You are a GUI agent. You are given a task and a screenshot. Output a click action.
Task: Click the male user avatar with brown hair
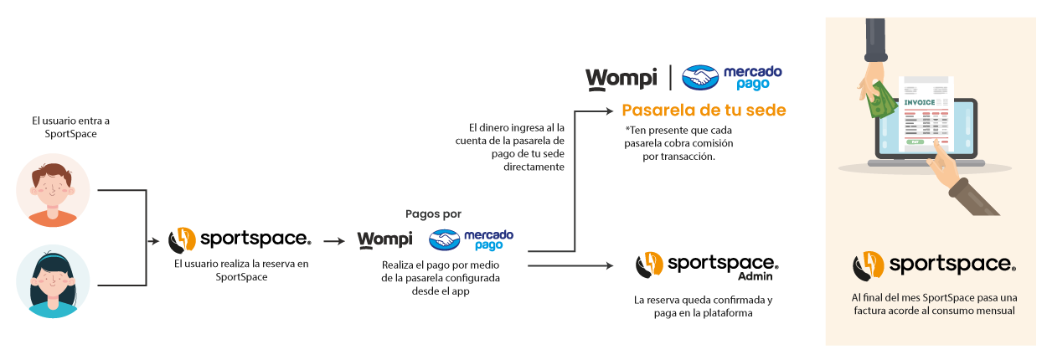53,190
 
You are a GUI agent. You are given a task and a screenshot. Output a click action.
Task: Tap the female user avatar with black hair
53,281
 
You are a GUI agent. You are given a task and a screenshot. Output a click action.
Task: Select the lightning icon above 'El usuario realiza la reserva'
183,240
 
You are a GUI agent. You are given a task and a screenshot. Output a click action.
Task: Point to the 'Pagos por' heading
433,214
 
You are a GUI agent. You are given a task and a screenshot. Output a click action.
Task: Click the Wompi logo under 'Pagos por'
384,240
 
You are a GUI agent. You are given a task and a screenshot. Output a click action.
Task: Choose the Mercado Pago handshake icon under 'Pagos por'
444,240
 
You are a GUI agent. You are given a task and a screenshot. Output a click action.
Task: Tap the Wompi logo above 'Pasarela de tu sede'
620,78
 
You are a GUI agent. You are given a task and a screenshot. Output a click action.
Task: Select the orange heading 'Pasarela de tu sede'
704,111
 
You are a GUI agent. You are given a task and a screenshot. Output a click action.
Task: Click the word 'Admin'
755,276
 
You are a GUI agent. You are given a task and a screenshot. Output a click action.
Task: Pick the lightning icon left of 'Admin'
650,265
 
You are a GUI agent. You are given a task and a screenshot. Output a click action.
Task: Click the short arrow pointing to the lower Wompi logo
334,241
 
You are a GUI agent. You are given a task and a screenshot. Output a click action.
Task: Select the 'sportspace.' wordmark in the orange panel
952,265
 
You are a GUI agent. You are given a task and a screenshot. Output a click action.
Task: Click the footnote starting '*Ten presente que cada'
679,143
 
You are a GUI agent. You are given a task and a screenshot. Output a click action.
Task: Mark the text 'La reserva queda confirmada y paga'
704,306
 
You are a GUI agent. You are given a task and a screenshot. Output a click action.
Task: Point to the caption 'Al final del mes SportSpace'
933,304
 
